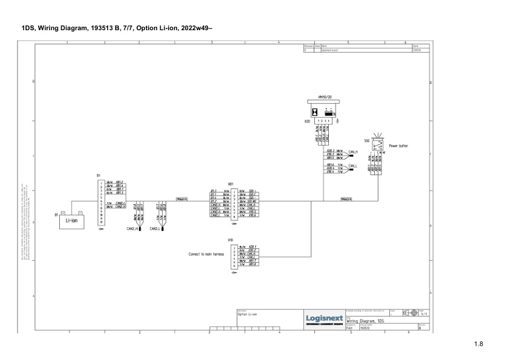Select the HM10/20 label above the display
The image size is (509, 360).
[324, 97]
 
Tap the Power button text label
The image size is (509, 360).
[398, 146]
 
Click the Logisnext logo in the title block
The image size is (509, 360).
[325, 318]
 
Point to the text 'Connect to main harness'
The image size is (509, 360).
[206, 254]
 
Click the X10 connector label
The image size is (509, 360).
[230, 240]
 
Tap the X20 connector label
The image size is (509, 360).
[307, 121]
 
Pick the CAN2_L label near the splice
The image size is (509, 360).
[154, 229]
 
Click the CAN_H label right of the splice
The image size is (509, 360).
[353, 152]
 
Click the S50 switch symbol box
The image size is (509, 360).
[378, 146]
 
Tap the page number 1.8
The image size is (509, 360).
[478, 344]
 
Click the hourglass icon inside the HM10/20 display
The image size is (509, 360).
[315, 112]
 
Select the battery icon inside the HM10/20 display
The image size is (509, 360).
[329, 112]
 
